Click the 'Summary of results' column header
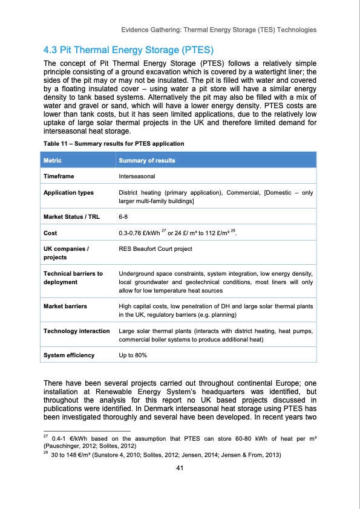[148, 160]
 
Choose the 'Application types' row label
[68, 193]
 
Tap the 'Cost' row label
[51, 232]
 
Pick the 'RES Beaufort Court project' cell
[155, 248]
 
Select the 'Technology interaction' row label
[77, 331]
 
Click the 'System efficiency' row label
[69, 355]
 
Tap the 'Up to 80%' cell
[133, 355]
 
